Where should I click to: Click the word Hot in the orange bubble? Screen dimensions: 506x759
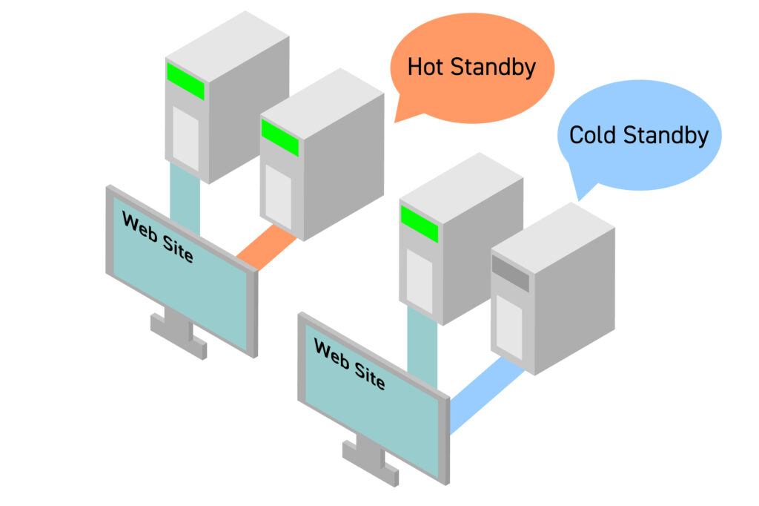(x=426, y=68)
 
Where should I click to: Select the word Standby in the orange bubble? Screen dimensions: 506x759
(x=492, y=68)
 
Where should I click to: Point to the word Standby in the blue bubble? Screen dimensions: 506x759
(x=665, y=135)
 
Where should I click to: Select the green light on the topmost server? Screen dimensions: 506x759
(x=185, y=81)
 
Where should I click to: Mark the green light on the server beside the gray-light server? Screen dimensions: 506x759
(x=419, y=223)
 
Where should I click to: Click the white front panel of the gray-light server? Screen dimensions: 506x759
(x=508, y=326)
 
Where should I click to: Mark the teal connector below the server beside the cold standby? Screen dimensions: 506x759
(x=422, y=345)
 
